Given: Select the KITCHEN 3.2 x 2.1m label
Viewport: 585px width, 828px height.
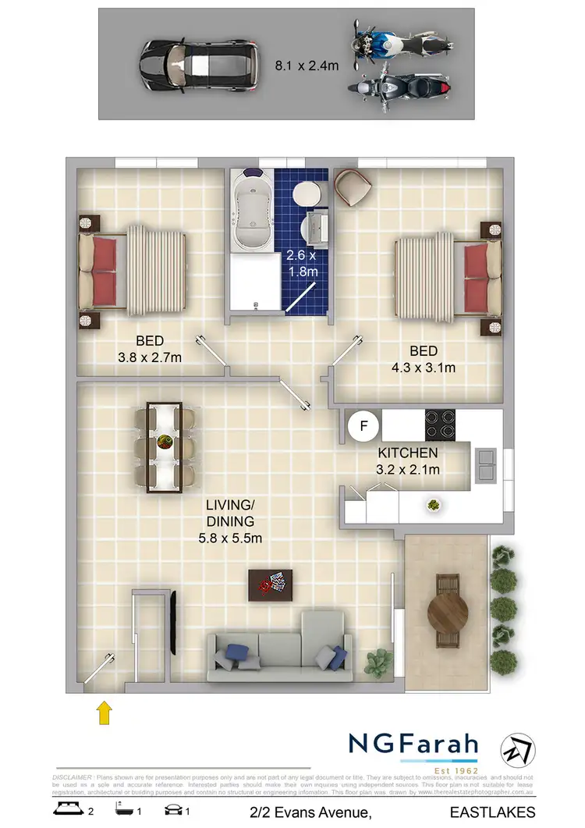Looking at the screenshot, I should pyautogui.click(x=409, y=461).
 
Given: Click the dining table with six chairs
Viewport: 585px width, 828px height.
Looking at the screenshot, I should pyautogui.click(x=164, y=447).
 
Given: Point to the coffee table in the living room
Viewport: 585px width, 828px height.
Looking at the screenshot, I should pyautogui.click(x=270, y=585).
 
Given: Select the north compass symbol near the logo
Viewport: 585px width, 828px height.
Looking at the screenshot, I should pyautogui.click(x=519, y=751).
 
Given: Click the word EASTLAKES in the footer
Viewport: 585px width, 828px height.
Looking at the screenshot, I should pyautogui.click(x=497, y=812).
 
